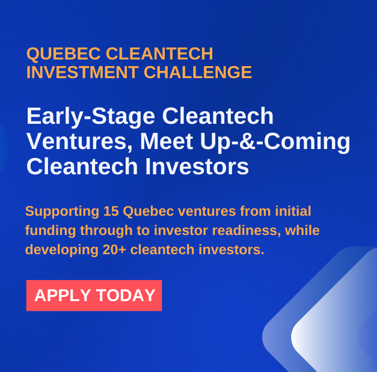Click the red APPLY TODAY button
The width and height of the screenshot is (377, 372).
pyautogui.click(x=94, y=295)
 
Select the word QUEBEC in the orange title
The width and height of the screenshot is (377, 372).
pyautogui.click(x=64, y=54)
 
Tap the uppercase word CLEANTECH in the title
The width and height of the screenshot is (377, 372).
pyautogui.click(x=159, y=53)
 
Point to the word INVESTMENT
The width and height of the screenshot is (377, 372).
pyautogui.click(x=82, y=72)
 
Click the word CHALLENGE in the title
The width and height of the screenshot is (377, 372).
pyautogui.click(x=198, y=72)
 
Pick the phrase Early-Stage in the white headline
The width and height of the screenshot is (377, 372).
pyautogui.click(x=91, y=117)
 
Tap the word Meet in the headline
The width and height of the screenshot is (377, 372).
pyautogui.click(x=167, y=141)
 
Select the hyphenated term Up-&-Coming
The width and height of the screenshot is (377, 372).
pyautogui.click(x=275, y=142)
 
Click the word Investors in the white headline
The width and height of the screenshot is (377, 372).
pyautogui.click(x=197, y=166)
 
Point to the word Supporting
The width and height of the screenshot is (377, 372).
pyautogui.click(x=63, y=212)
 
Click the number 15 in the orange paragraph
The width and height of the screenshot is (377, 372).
pyautogui.click(x=111, y=211)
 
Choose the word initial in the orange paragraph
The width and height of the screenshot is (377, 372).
pyautogui.click(x=293, y=211)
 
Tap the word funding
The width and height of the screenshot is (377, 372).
pyautogui.click(x=51, y=231)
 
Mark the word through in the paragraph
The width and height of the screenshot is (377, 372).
pyautogui.click(x=106, y=231)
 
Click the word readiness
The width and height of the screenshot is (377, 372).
pyautogui.click(x=247, y=230)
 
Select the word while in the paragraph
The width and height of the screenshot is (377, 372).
pyautogui.click(x=302, y=230)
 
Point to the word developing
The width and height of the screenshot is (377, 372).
pyautogui.click(x=62, y=250)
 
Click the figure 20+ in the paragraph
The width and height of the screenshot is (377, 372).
pyautogui.click(x=114, y=249)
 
